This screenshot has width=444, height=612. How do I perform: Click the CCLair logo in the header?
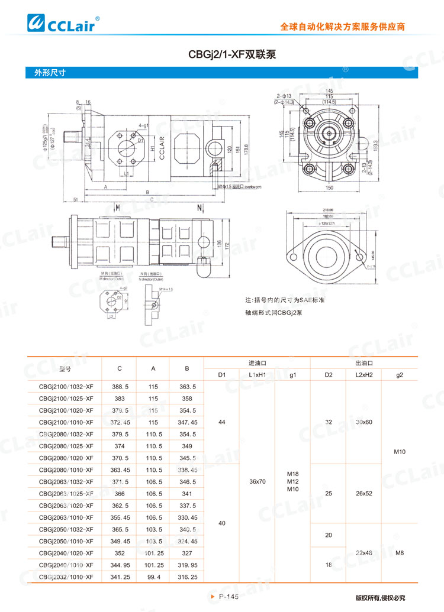click(x=64, y=24)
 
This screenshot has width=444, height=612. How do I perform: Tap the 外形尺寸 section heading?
click(x=49, y=74)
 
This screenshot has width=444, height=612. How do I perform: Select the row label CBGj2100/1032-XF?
click(x=66, y=386)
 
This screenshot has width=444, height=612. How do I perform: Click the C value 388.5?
click(x=120, y=386)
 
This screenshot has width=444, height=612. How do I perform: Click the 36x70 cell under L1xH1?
click(x=257, y=482)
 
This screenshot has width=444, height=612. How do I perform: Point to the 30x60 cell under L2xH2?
click(x=363, y=422)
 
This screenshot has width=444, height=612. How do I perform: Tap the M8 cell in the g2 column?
click(x=400, y=553)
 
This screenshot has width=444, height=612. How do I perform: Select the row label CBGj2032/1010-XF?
click(x=66, y=577)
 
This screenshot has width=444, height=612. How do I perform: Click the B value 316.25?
click(x=187, y=577)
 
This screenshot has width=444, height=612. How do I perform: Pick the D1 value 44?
click(x=222, y=422)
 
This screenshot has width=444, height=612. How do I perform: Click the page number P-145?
click(x=229, y=597)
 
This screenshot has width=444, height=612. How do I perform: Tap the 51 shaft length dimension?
click(x=76, y=200)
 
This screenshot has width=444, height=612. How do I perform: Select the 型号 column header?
click(x=65, y=368)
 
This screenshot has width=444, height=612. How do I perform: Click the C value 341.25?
click(x=120, y=577)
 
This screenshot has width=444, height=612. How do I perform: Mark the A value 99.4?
click(x=153, y=577)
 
